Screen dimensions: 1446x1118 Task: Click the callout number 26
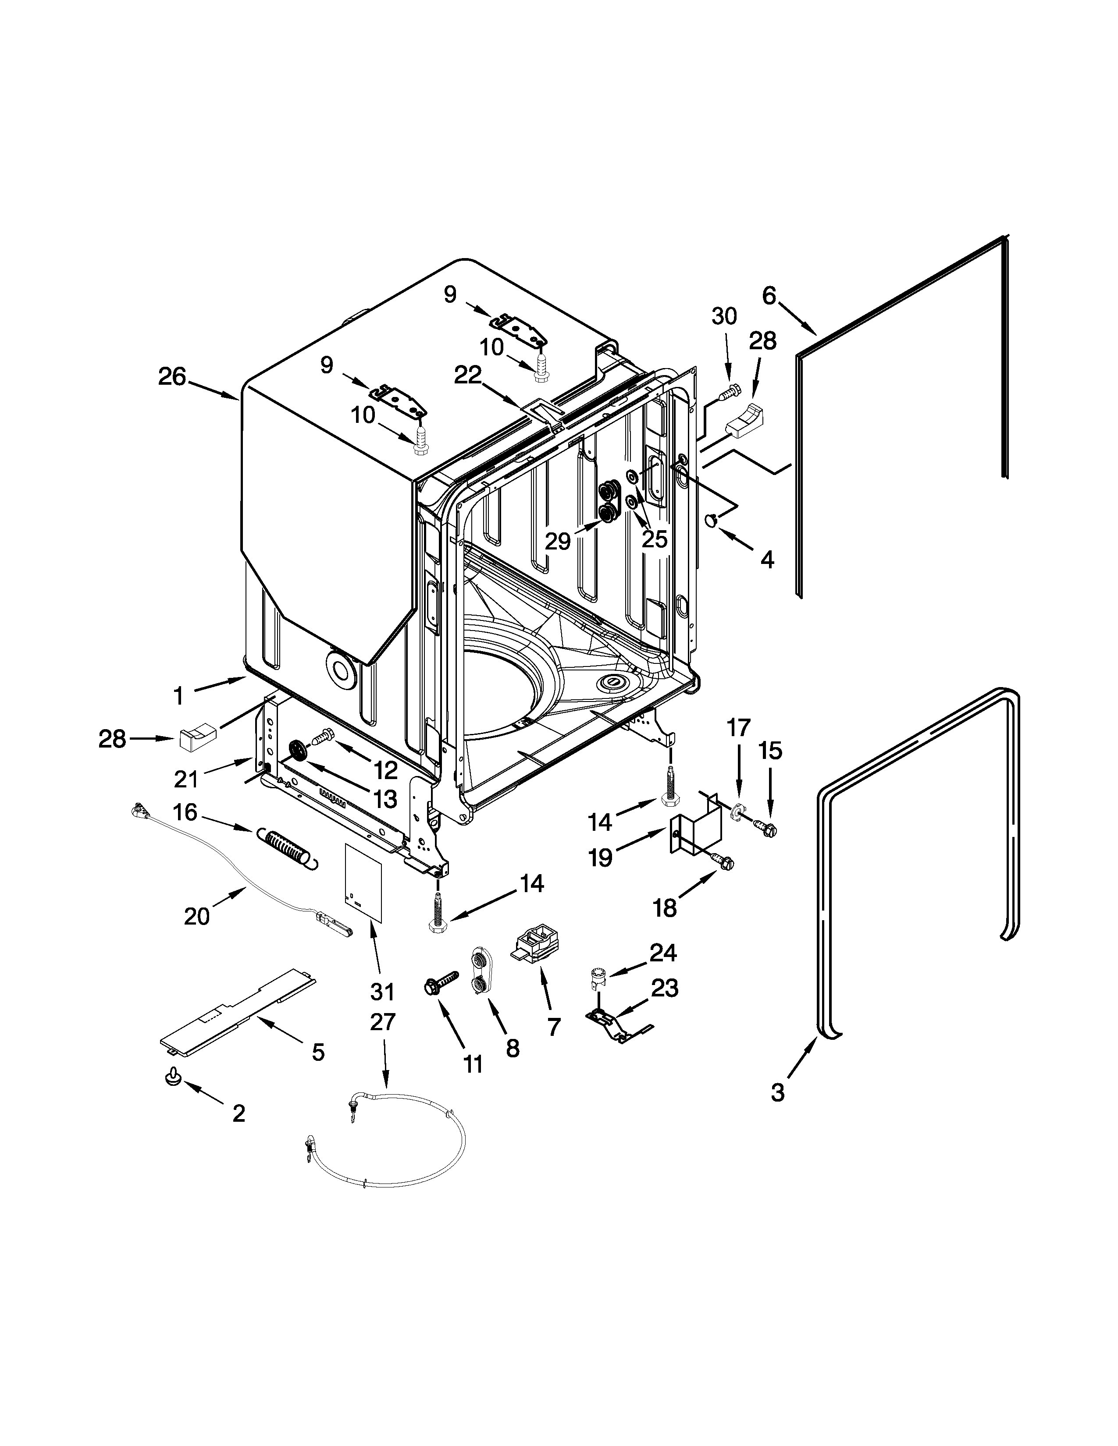pos(172,377)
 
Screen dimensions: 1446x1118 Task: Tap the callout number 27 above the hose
pos(382,1022)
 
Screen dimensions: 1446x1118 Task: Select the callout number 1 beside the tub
pos(178,696)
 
